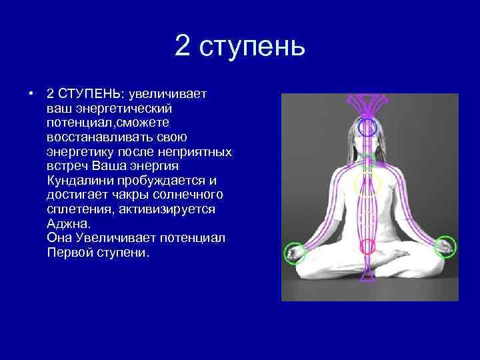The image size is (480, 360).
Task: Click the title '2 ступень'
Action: tap(240, 46)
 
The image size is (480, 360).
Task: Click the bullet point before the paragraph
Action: tap(31, 93)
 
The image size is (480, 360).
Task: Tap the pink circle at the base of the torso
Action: tap(367, 247)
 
